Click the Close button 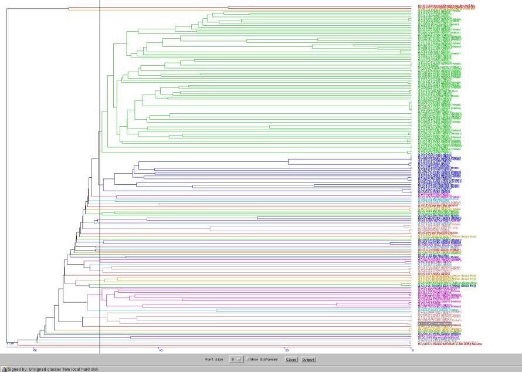(x=291, y=359)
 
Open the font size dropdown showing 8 (x=236, y=359)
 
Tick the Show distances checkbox (x=248, y=359)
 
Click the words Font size (x=214, y=359)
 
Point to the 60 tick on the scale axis (x=35, y=350)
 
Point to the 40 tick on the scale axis (x=161, y=350)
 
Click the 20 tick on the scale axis (x=287, y=350)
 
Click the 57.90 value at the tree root (x=10, y=343)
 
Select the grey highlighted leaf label (x=435, y=323)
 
